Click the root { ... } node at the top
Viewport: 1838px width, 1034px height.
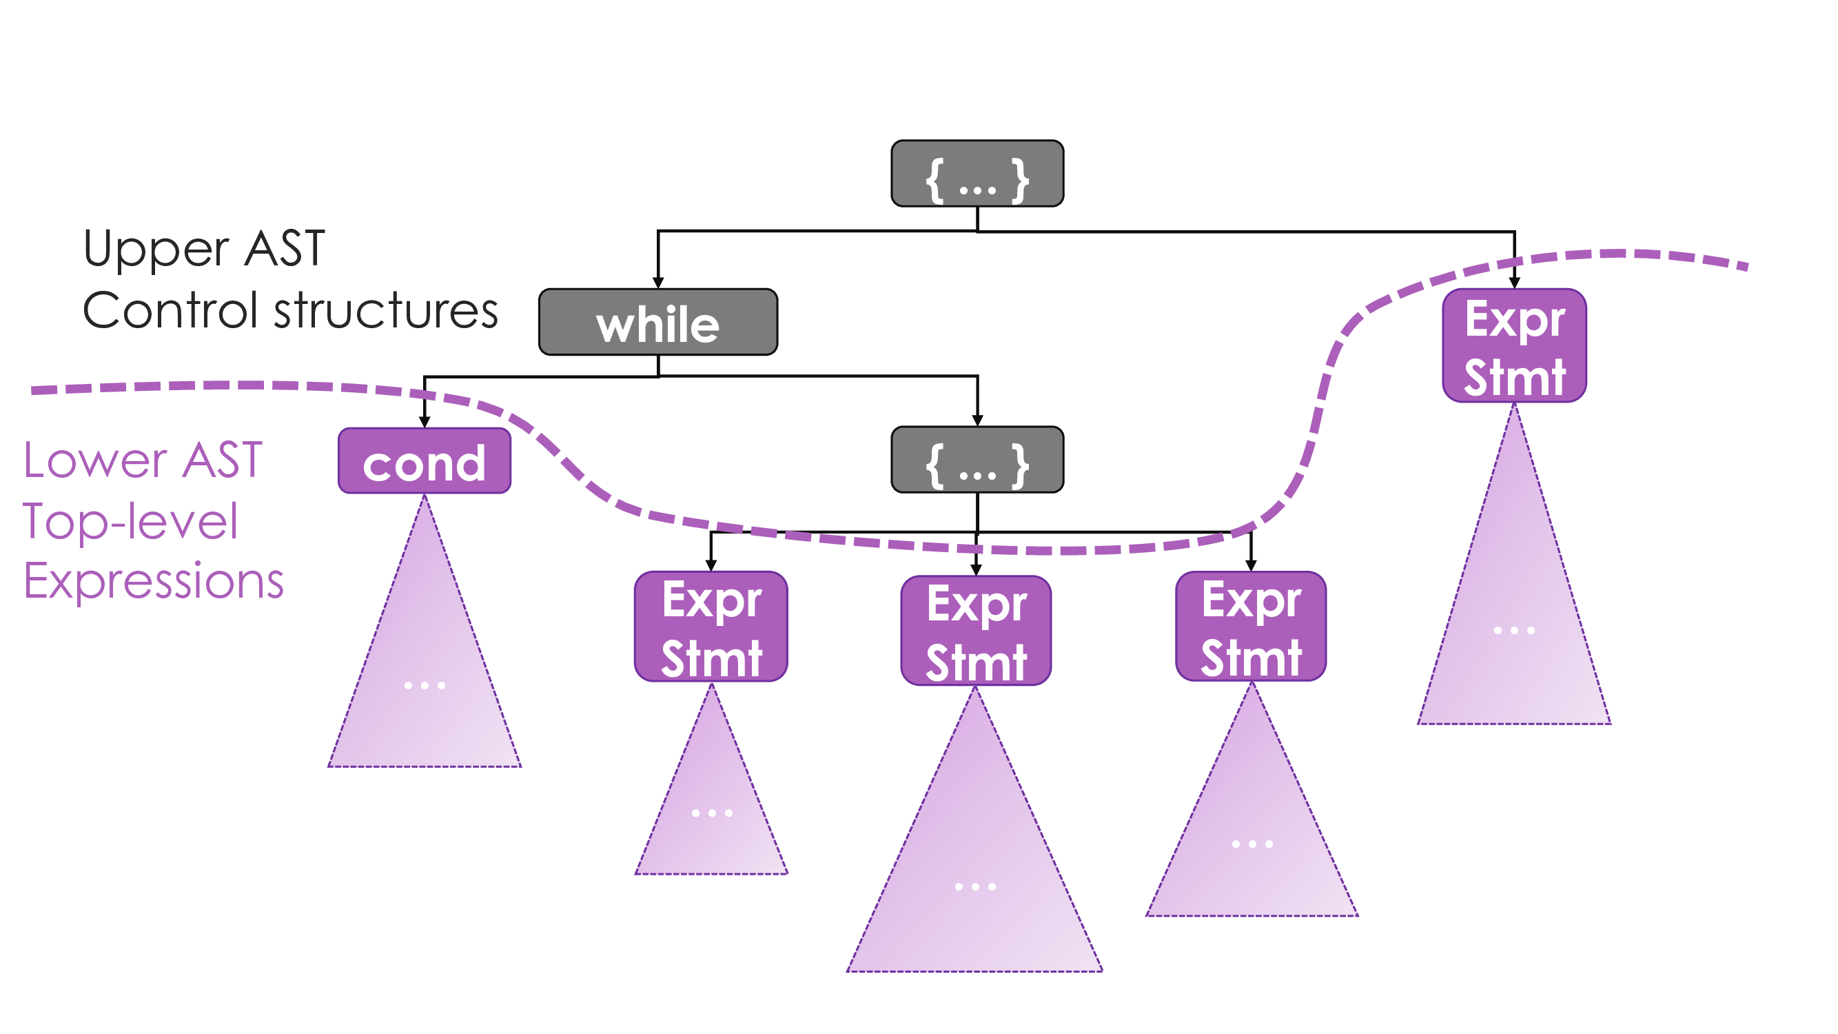977,174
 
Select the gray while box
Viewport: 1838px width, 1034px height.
658,322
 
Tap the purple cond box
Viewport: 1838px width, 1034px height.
425,461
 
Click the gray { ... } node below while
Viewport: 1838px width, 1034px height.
977,460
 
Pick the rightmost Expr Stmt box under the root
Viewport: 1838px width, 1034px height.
1514,346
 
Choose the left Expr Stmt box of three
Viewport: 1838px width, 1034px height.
711,627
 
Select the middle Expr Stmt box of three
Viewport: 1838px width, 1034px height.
975,631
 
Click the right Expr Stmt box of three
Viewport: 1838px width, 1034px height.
1251,627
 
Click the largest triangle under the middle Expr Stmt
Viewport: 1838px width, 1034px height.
974,871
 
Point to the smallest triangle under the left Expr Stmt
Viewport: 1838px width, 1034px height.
711,807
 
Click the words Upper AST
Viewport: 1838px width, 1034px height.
204,249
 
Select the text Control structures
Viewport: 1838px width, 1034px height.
289,311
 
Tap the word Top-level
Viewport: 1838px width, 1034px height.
130,521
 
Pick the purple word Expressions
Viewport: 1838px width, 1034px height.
154,581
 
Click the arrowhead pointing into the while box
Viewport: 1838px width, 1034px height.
658,283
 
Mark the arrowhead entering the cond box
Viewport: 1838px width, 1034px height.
425,423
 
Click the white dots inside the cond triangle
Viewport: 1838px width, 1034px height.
425,686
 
